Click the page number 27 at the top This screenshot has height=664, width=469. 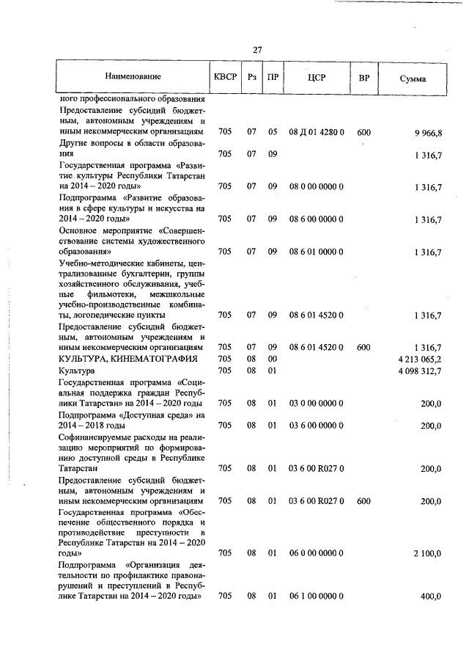(257, 50)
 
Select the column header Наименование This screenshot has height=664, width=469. (133, 76)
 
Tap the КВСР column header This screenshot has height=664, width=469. (225, 76)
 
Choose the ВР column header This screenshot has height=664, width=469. (363, 77)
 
